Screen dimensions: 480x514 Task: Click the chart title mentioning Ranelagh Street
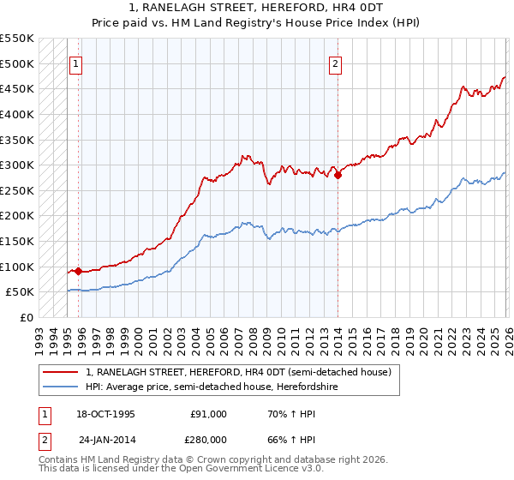tap(257, 15)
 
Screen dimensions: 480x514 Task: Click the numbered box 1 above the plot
tap(76, 63)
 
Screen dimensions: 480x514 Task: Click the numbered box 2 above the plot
tap(336, 63)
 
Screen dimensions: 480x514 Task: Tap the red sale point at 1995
tap(79, 271)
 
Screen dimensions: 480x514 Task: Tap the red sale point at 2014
tap(338, 175)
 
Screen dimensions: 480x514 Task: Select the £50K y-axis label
tap(20, 292)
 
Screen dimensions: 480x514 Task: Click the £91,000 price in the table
tap(208, 413)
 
